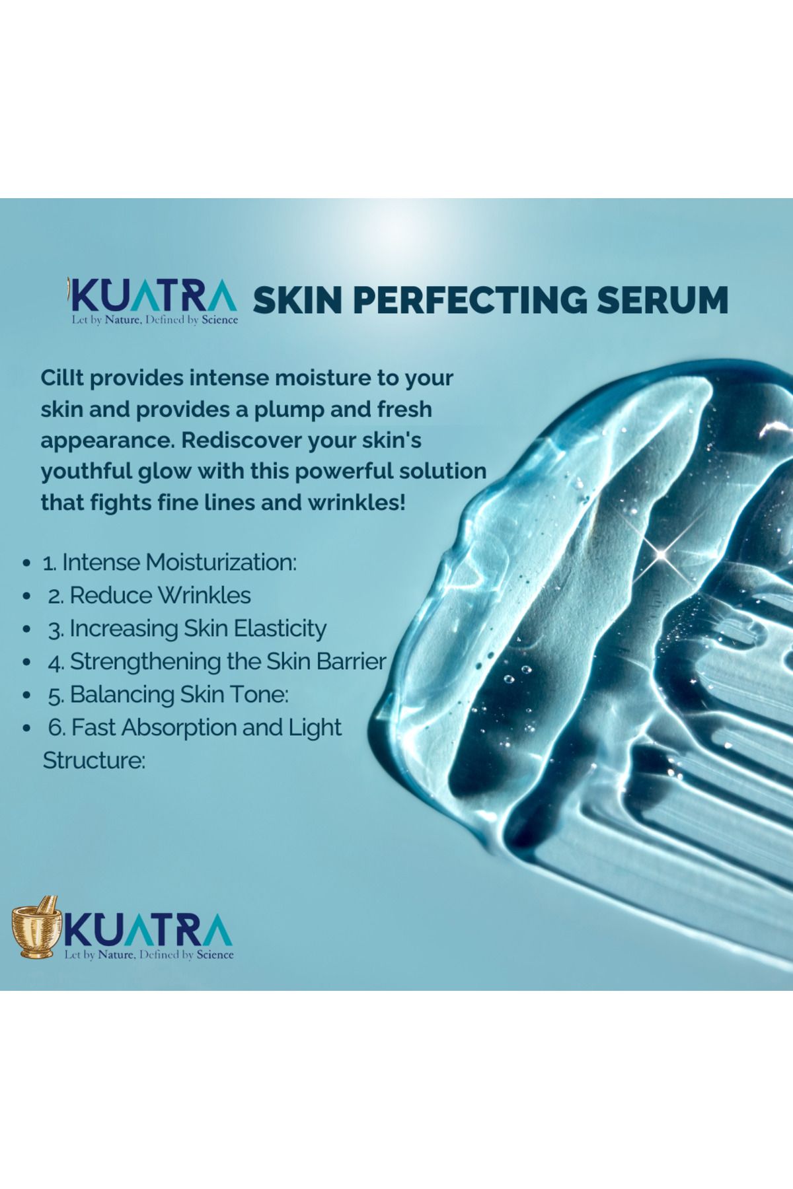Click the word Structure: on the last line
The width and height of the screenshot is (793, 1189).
click(x=94, y=760)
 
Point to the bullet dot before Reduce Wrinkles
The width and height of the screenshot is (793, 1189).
click(x=26, y=596)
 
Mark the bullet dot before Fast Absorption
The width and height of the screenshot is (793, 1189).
click(x=26, y=728)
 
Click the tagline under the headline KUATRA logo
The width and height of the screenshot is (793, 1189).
click(x=155, y=320)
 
